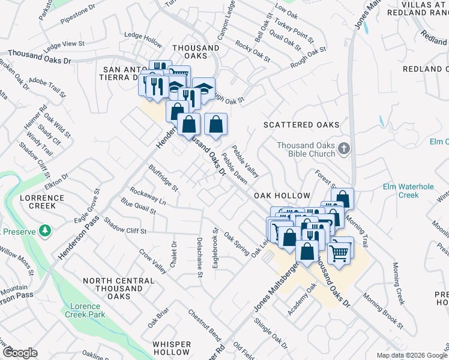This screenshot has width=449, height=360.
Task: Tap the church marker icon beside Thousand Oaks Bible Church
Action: coord(344,148)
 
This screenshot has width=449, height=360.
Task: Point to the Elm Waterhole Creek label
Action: coord(408,191)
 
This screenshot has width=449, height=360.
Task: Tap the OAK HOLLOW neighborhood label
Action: coord(282,196)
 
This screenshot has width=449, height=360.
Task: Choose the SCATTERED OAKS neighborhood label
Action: coord(301,125)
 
